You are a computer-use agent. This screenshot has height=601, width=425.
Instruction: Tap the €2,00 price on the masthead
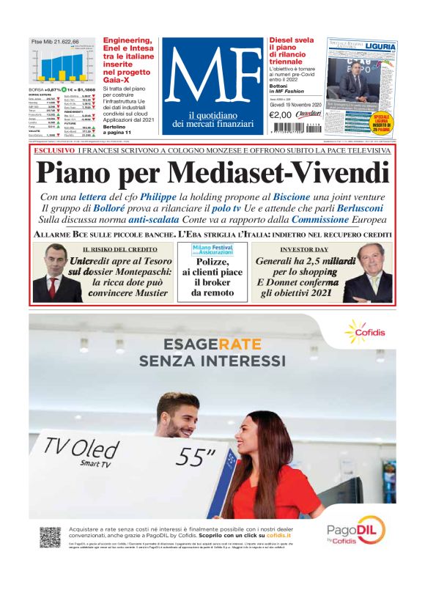(x=280, y=114)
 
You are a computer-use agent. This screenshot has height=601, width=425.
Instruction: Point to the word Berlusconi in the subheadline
(x=358, y=208)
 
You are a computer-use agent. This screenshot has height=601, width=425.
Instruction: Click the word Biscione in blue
(x=291, y=197)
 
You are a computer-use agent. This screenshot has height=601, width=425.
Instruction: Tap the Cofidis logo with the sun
(x=364, y=331)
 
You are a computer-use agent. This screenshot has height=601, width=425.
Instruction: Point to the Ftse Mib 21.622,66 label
(x=55, y=42)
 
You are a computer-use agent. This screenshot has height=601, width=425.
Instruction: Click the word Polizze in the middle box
(x=212, y=261)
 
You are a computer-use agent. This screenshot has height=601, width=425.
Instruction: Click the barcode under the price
(x=293, y=126)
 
